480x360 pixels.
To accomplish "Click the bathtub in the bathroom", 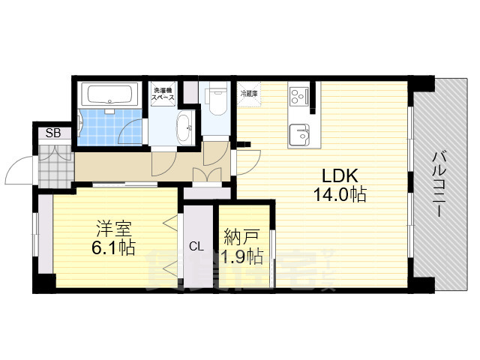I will tap(109, 94).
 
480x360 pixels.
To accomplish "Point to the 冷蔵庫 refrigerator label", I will tap(248, 94).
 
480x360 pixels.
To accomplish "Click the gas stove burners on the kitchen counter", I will tap(298, 97).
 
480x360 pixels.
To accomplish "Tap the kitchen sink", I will tap(301, 134).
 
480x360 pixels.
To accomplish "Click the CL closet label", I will tap(196, 245).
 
